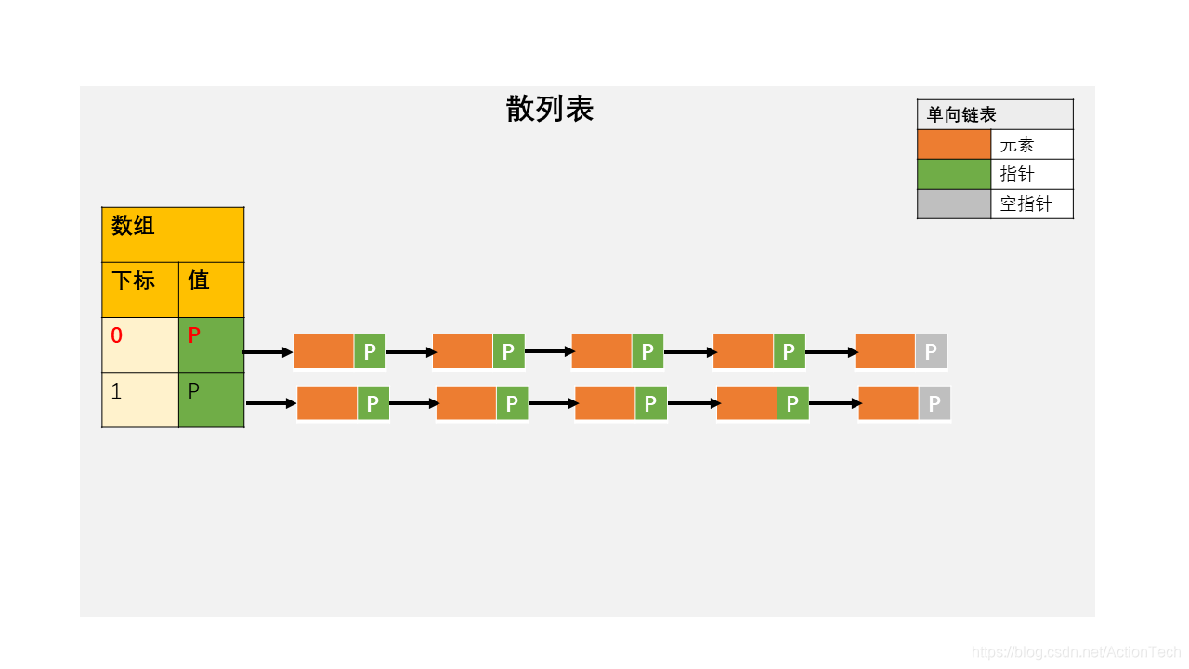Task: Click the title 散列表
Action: [x=549, y=110]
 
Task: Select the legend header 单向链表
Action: [x=961, y=115]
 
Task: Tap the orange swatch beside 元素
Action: [x=954, y=144]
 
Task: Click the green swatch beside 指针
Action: [x=954, y=174]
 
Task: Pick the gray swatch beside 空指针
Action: [x=954, y=203]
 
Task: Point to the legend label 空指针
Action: [x=1026, y=203]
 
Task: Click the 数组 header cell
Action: [x=173, y=234]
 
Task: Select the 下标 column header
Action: [x=139, y=289]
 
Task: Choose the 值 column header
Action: [x=211, y=289]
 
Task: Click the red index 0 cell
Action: [x=139, y=345]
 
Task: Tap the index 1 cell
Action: [x=139, y=400]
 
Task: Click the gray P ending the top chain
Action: [x=931, y=352]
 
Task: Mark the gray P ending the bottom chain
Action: [x=934, y=403]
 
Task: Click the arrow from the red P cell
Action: [x=268, y=352]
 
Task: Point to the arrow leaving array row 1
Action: [x=270, y=403]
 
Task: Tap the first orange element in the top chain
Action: [x=323, y=352]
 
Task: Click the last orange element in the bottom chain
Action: [x=888, y=403]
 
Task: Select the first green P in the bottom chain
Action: [x=372, y=403]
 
